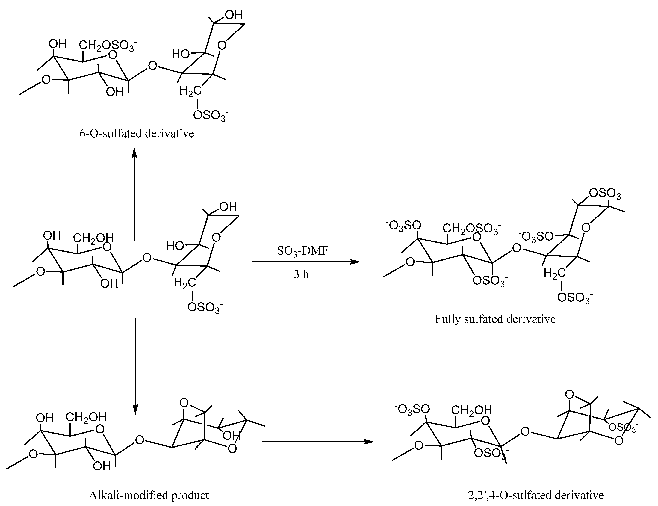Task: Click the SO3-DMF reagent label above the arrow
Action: pos(302,251)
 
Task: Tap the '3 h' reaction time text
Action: pos(301,274)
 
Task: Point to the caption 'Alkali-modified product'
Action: pos(149,495)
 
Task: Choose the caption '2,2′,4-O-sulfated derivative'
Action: pos(536,495)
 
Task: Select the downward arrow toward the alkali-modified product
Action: pos(135,366)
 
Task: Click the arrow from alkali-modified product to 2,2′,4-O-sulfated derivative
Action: pos(318,442)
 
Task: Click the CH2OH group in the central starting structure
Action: pos(94,238)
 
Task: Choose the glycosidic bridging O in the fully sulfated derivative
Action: pos(516,248)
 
